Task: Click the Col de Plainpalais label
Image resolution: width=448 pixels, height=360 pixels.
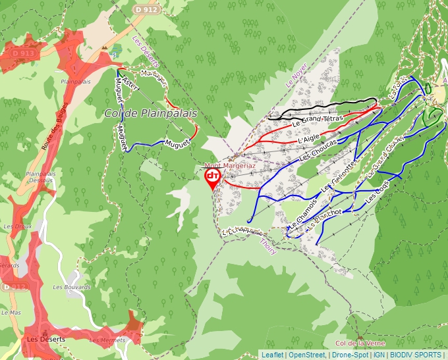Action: tap(151, 113)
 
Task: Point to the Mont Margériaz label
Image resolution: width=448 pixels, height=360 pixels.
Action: tap(230, 166)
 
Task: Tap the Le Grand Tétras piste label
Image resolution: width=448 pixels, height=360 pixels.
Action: tap(318, 120)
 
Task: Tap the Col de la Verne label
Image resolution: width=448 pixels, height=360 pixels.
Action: tap(358, 344)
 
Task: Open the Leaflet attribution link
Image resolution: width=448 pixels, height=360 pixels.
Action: tap(272, 355)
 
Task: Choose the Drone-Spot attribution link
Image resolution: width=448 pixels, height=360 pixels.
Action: tap(349, 355)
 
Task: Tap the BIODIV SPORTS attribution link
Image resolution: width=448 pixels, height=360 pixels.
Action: tap(416, 355)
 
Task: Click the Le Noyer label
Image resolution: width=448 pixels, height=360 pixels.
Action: tap(296, 79)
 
